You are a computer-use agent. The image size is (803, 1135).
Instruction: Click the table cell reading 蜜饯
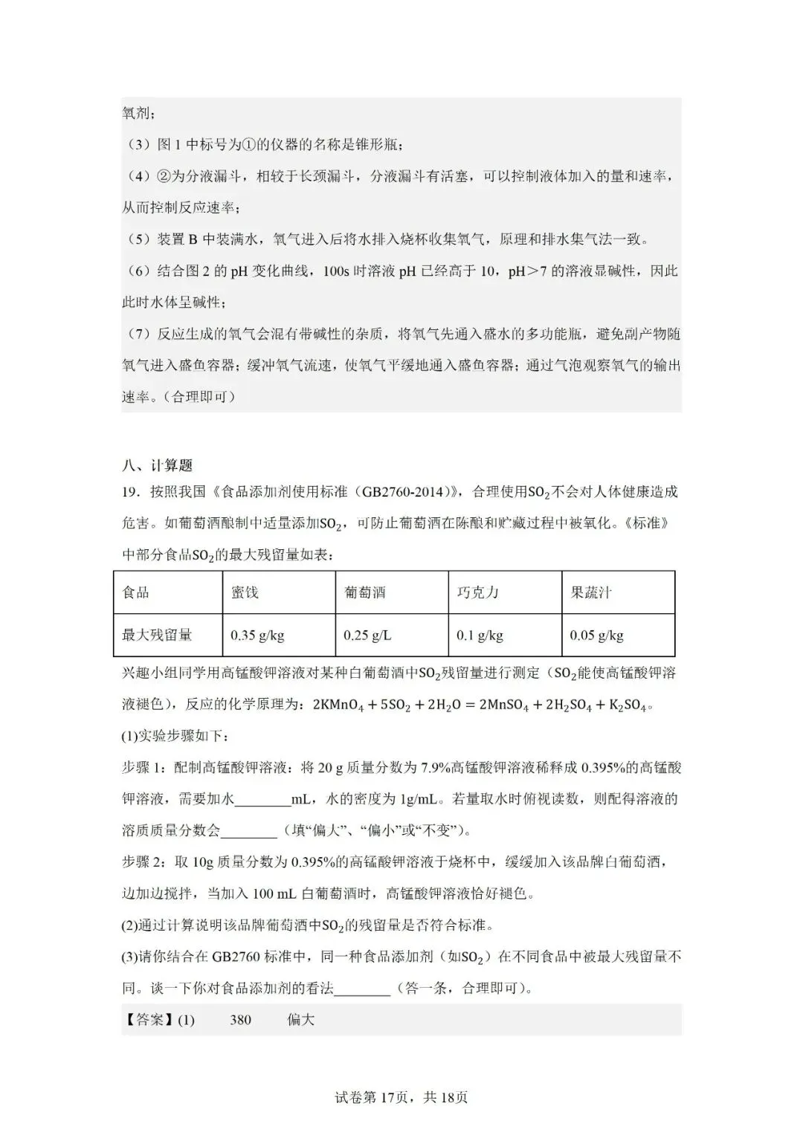tap(245, 592)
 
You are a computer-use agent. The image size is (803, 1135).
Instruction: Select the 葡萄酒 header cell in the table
tap(364, 592)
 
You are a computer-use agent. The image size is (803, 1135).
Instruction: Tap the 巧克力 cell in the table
tap(477, 592)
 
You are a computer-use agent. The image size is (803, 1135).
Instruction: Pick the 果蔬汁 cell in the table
tap(591, 592)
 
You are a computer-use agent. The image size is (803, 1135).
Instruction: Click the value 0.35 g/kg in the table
tap(257, 636)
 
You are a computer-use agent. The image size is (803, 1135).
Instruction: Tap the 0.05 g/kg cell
tap(596, 636)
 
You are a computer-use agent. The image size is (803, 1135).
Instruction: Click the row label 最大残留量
tap(157, 635)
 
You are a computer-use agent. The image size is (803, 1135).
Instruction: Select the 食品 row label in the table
tap(135, 592)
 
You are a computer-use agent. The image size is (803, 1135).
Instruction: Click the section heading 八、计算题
tap(157, 465)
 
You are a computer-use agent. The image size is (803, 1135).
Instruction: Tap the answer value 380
tap(240, 1020)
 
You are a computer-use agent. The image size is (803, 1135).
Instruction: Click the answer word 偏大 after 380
tap(301, 1020)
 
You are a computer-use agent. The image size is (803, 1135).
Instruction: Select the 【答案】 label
tap(148, 1020)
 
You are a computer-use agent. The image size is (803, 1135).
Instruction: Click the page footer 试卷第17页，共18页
tap(401, 1098)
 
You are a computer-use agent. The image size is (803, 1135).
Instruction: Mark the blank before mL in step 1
tap(262, 800)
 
